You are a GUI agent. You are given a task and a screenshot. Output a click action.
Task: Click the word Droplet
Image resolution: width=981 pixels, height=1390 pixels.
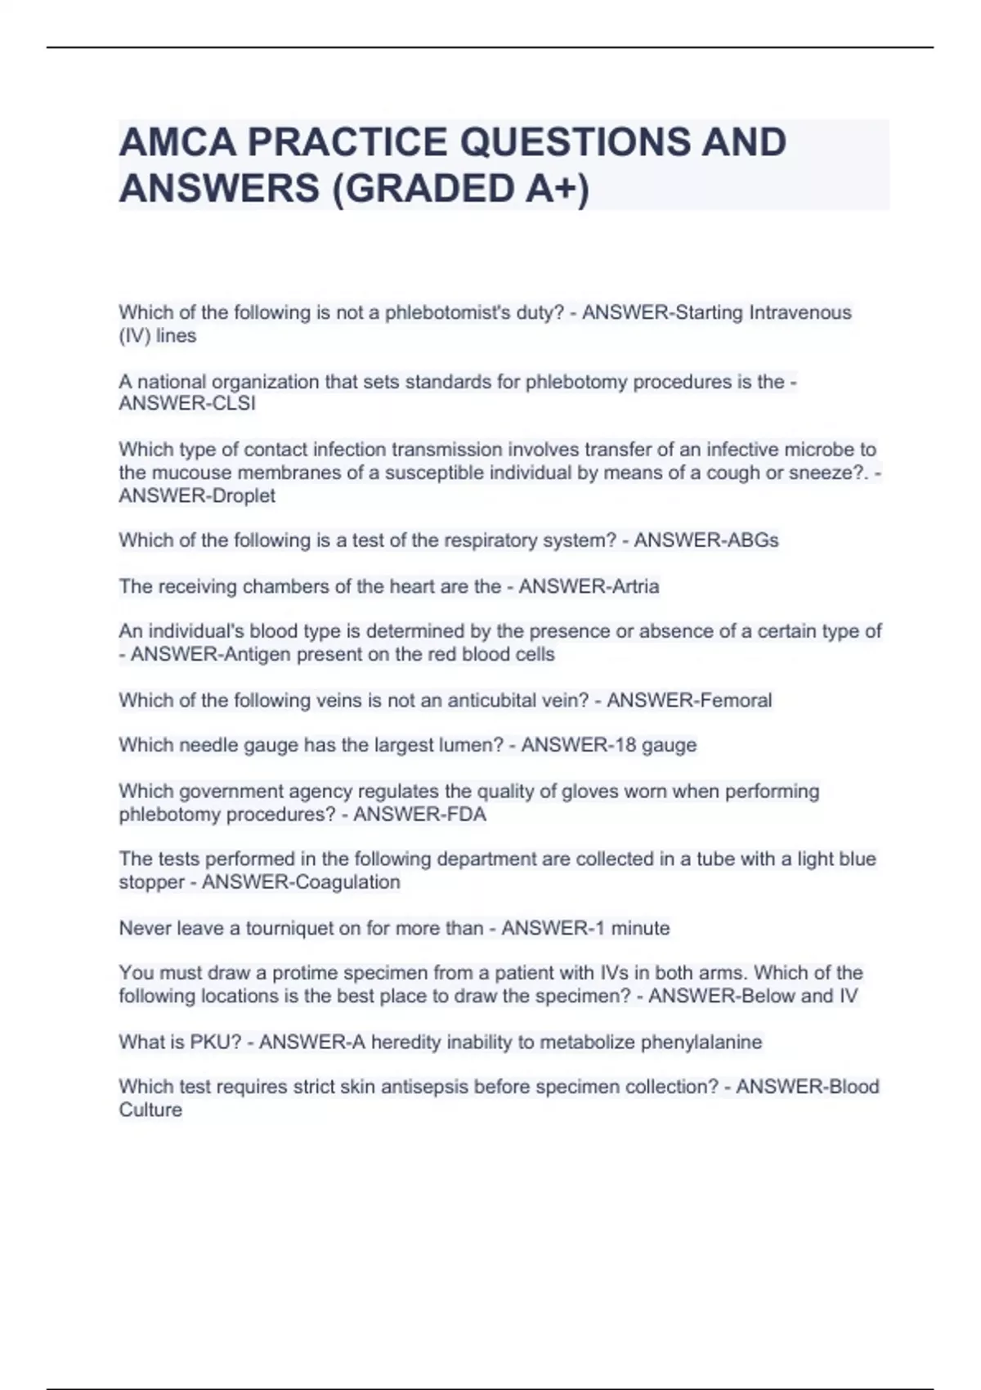(x=243, y=495)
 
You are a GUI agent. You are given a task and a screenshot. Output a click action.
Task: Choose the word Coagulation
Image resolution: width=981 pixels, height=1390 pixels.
(x=349, y=882)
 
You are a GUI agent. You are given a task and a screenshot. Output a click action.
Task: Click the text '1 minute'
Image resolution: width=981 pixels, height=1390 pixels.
(x=629, y=928)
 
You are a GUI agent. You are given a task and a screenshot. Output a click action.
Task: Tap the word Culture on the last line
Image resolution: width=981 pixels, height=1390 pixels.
(x=150, y=1110)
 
